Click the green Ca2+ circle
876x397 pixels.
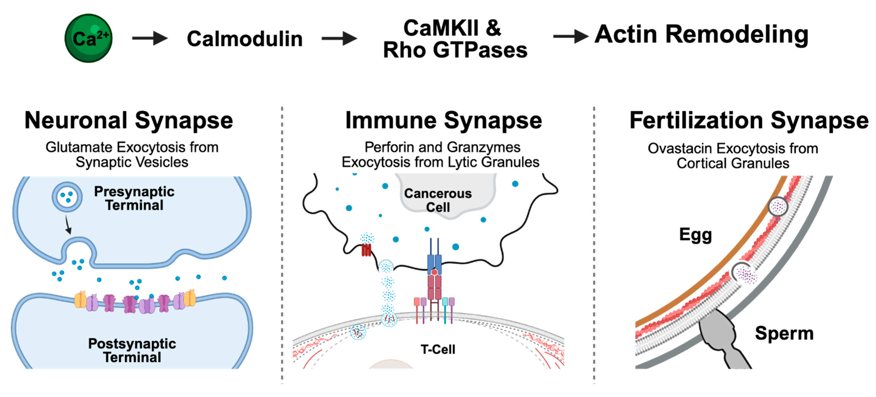[88, 38]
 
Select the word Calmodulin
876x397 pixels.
[244, 39]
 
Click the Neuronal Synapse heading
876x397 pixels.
[128, 121]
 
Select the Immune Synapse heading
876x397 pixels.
[444, 121]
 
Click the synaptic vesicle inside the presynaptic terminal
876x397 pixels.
[67, 197]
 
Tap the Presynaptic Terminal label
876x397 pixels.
[134, 198]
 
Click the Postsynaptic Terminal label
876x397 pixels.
[132, 350]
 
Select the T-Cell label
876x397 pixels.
[438, 349]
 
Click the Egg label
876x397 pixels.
[695, 235]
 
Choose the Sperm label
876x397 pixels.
[784, 333]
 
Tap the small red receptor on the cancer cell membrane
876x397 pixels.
[366, 250]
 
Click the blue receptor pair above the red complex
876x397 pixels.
[434, 262]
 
